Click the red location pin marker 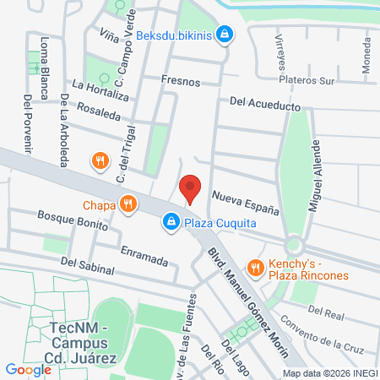click(x=190, y=188)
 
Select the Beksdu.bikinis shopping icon click(x=225, y=34)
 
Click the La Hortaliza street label click(x=100, y=90)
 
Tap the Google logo click(x=28, y=369)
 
